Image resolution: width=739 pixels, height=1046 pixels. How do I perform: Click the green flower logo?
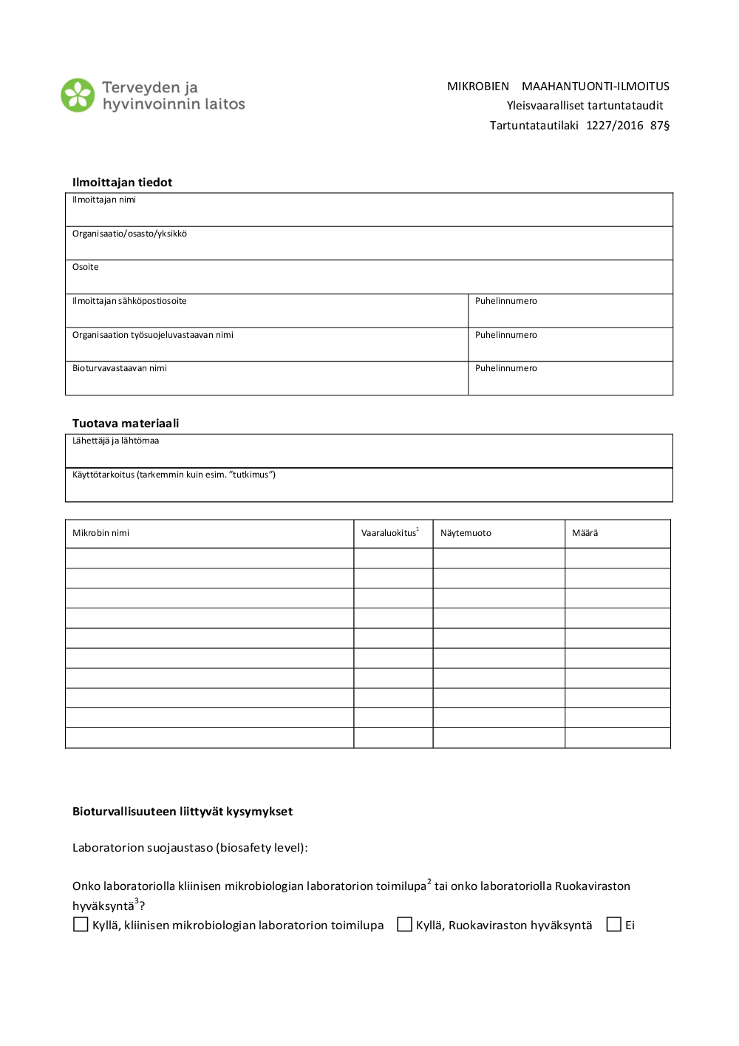coord(78,95)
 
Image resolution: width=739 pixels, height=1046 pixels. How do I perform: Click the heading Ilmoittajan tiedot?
coord(122,183)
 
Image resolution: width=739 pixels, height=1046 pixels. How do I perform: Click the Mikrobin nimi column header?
coord(101,533)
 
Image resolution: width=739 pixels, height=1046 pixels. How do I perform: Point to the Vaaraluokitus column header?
coord(389,533)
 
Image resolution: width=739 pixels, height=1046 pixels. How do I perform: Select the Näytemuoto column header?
coord(466,533)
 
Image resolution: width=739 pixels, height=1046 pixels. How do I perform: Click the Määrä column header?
coord(585,533)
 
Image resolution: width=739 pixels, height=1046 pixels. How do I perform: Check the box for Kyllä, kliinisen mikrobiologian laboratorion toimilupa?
coord(81,925)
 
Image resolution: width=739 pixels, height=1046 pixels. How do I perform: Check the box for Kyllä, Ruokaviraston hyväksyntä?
coord(404,925)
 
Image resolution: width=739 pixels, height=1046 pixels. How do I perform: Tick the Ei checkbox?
coord(613,925)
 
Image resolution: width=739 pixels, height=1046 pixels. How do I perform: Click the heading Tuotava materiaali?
coord(126,424)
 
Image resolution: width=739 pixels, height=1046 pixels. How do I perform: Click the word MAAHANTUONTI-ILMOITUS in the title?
coord(595,86)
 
